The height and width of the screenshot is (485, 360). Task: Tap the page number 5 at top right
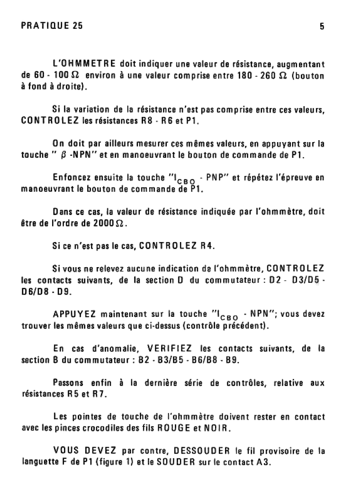pyautogui.click(x=322, y=27)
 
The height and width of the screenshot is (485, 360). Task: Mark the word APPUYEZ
pyautogui.click(x=74, y=314)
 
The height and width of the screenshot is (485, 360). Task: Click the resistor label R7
pyautogui.click(x=98, y=394)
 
